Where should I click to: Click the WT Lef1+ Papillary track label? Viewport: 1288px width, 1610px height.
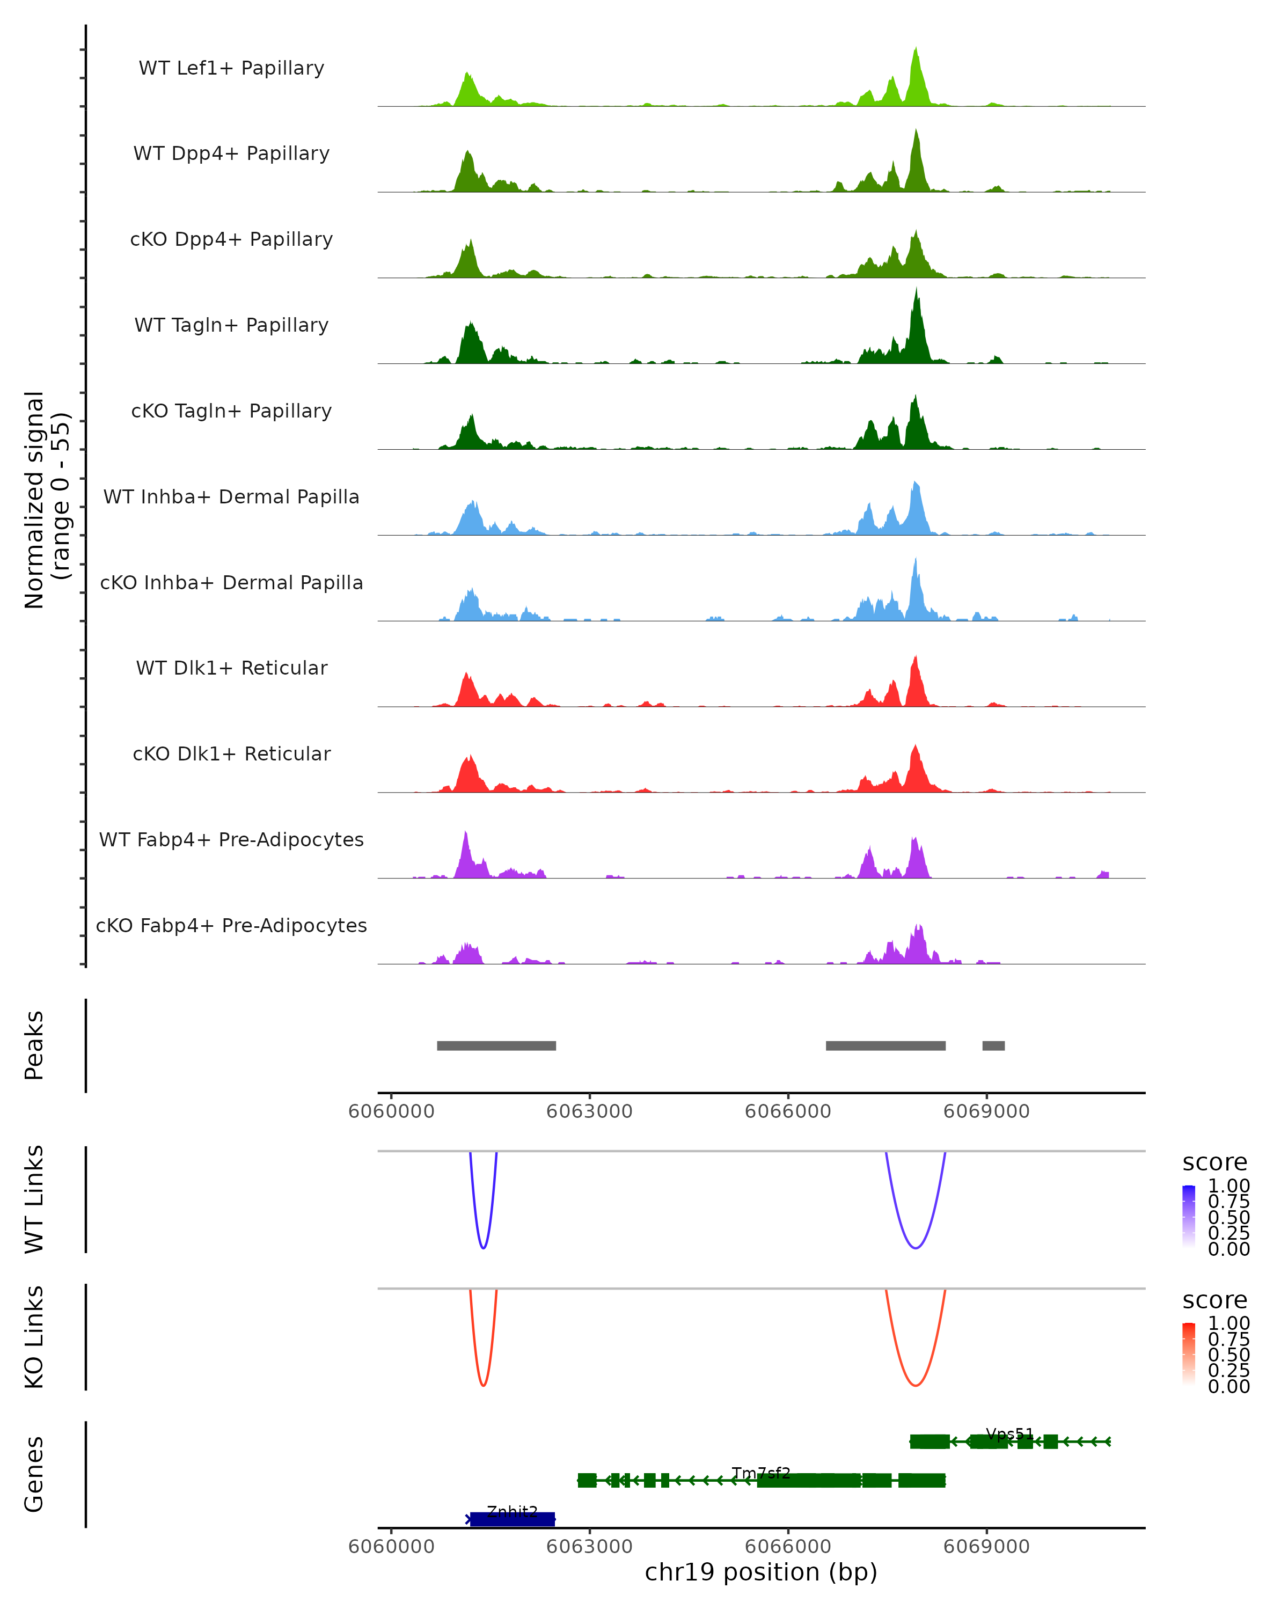231,68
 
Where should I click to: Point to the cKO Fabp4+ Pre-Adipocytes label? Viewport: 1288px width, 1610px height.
231,925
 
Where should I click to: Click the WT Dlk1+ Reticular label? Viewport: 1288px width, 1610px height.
231,668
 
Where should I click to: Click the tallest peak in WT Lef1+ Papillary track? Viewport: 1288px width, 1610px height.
916,49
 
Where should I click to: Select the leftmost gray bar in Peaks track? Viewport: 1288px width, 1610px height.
496,1045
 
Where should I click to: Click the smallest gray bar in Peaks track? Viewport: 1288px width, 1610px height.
993,1045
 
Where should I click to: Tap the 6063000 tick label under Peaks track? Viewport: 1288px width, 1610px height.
589,1111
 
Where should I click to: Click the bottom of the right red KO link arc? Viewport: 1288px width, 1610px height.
916,1385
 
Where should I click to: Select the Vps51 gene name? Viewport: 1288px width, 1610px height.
1009,1434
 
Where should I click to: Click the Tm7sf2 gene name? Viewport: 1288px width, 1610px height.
761,1473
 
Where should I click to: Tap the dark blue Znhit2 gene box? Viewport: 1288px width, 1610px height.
512,1519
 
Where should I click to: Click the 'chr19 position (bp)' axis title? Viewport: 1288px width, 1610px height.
761,1572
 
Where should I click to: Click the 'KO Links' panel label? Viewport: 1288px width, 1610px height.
34,1337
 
